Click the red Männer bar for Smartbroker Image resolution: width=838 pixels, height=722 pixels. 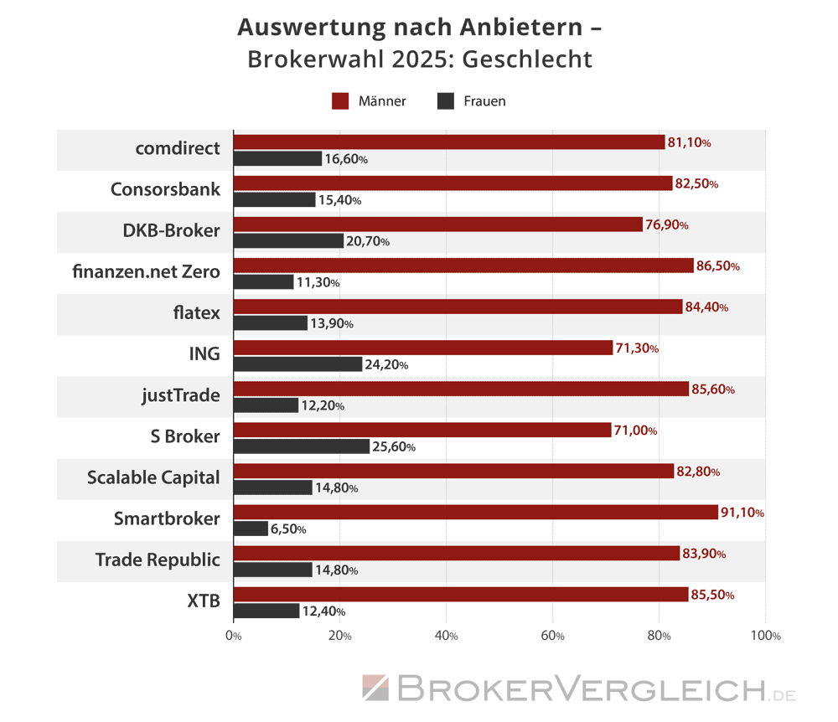click(475, 513)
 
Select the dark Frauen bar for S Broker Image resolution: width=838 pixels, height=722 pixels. click(301, 446)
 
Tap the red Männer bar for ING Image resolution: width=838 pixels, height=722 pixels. click(422, 348)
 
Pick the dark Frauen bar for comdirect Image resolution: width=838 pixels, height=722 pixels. click(277, 158)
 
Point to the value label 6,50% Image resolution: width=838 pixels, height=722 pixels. click(288, 529)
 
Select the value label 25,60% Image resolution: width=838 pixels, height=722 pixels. click(394, 446)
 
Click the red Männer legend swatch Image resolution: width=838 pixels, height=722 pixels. click(340, 101)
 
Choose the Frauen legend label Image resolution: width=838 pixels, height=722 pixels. click(484, 101)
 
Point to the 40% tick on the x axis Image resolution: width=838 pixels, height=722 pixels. click(447, 636)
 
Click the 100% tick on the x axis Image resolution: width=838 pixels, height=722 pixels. click(765, 636)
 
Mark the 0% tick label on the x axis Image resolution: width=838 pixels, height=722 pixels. click(234, 636)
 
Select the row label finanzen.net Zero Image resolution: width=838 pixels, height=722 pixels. click(147, 271)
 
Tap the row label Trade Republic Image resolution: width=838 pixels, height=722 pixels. click(158, 560)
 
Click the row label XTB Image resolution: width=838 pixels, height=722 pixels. click(203, 601)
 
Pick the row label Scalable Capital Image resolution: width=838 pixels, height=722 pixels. click(153, 477)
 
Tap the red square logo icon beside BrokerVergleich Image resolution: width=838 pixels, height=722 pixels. click(375, 688)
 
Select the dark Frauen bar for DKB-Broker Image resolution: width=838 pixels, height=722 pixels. click(288, 241)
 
